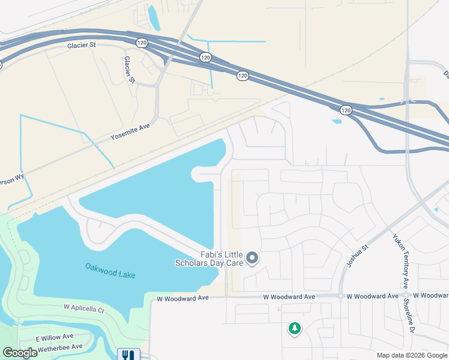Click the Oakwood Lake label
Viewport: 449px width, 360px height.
coord(110,271)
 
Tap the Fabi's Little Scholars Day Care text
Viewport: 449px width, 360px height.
coord(209,259)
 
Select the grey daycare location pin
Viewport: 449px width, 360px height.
coord(253,259)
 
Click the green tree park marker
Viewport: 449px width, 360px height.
coord(294,329)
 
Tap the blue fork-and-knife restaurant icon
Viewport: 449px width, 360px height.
coord(128,355)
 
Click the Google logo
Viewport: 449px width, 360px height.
coord(20,353)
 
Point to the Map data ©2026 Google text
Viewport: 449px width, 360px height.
coord(411,355)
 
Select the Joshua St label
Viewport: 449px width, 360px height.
coord(357,256)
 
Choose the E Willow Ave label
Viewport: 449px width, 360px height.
coord(54,337)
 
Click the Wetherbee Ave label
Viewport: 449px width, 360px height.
coord(59,347)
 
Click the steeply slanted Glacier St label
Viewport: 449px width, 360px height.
coord(129,70)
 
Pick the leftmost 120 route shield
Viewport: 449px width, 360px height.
coord(142,43)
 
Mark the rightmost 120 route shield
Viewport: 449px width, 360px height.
coord(345,110)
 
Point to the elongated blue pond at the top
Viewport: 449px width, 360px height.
coord(154,18)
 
